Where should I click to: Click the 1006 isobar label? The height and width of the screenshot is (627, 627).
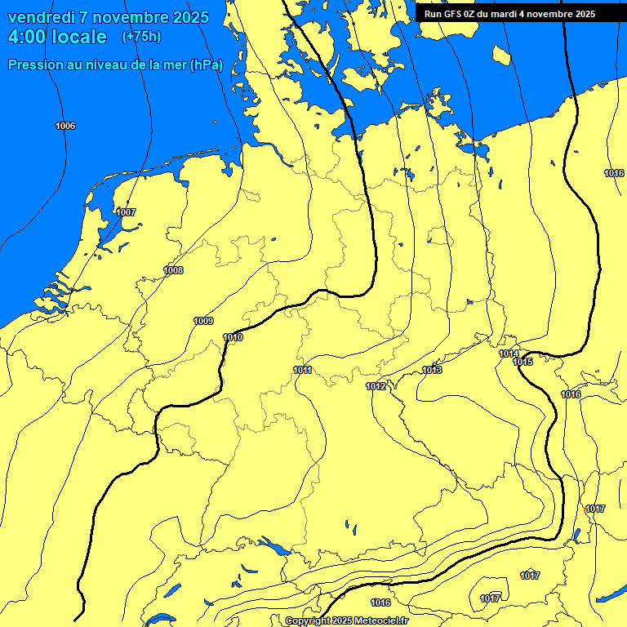coord(65,126)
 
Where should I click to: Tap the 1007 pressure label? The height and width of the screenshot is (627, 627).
coord(126,212)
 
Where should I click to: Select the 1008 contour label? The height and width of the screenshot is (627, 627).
coord(173,270)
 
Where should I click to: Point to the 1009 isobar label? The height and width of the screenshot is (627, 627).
coord(203,321)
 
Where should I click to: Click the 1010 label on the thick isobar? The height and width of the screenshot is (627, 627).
coord(233,337)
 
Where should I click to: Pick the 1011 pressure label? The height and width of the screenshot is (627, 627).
coord(302,370)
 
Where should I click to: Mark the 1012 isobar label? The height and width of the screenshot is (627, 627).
coord(376,386)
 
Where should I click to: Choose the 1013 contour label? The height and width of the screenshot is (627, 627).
coord(432,370)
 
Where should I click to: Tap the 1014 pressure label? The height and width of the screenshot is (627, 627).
coord(509,354)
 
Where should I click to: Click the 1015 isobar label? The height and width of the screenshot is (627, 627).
coord(523,362)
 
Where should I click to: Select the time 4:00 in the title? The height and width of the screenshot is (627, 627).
coord(29,37)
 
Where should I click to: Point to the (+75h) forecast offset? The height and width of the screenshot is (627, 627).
coord(141,37)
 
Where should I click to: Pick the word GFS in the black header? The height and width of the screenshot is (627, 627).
coord(454,14)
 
